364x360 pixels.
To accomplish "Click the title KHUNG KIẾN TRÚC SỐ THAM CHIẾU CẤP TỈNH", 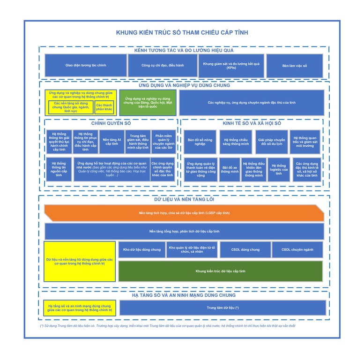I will coord(182,33).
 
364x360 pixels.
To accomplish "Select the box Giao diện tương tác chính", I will coord(85,66).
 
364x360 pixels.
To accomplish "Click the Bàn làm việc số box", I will coord(295,66).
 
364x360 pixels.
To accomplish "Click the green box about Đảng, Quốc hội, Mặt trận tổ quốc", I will coord(148,103).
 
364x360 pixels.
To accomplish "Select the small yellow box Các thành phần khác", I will coord(104,107).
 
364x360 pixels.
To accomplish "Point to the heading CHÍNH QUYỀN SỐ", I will coord(111,123).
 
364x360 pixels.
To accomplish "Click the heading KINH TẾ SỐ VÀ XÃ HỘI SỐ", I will coord(252,123).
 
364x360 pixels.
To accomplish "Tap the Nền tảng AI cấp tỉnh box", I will coord(112,142).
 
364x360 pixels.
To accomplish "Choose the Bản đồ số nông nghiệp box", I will coord(200,142).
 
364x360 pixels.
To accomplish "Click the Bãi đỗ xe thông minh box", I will coord(230,170).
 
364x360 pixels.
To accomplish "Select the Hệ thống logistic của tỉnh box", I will coord(279,170).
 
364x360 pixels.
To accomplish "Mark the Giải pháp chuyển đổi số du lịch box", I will coord(272,142).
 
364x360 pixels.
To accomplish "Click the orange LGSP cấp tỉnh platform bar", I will coord(184,213).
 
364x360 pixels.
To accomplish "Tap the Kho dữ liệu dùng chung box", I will coord(141,250).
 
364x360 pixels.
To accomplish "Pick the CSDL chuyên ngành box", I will coord(297,250).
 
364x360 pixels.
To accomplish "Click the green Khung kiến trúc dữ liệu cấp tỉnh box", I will coord(220,271).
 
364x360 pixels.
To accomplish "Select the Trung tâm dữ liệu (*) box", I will coord(223,308).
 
